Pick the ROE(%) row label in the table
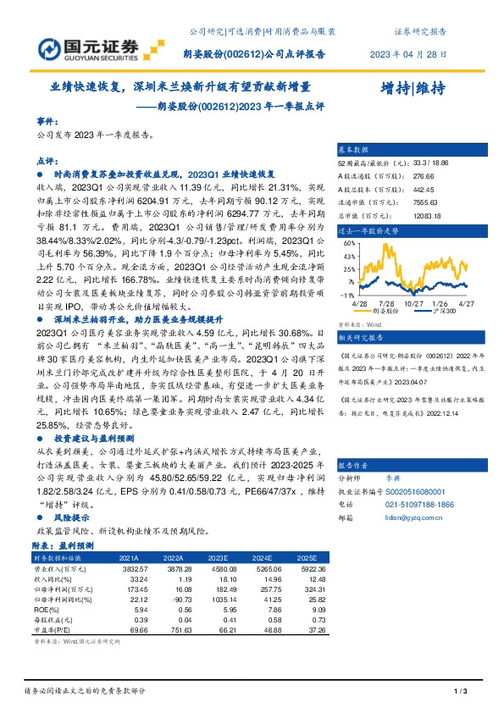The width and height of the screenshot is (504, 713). [x=48, y=610]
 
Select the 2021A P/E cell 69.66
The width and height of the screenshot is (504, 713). [x=129, y=631]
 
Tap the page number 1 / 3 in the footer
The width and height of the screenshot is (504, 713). [x=461, y=694]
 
